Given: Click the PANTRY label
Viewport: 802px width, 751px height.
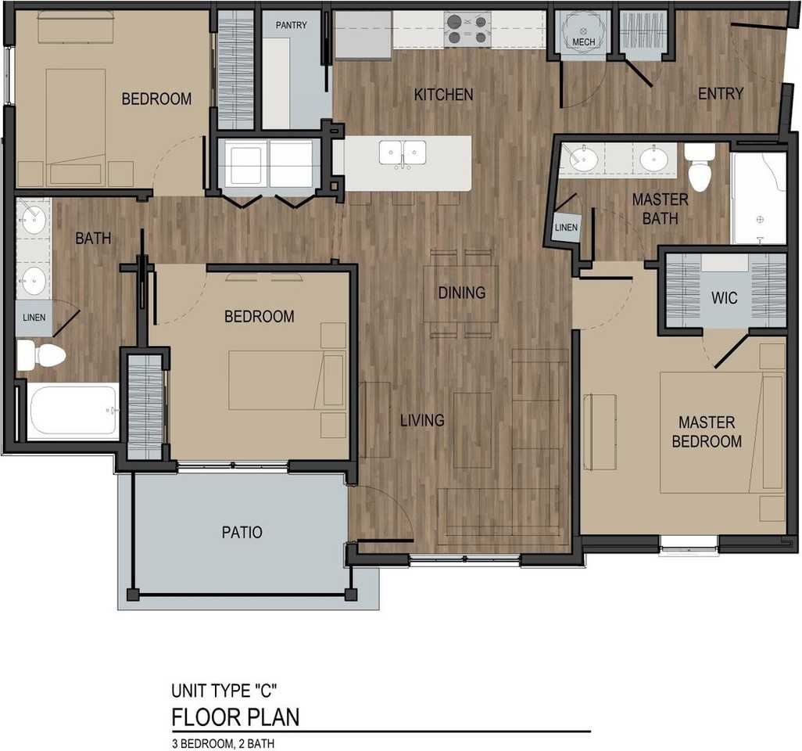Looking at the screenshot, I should (x=291, y=25).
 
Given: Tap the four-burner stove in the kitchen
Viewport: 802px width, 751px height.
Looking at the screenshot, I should (x=467, y=29).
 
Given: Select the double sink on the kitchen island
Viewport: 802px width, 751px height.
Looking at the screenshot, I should (x=403, y=153).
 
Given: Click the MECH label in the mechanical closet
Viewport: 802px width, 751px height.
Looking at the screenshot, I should (x=583, y=41).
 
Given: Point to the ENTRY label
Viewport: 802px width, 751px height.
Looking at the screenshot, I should (x=720, y=94).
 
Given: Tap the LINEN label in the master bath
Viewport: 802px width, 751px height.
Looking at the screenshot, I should (x=566, y=228).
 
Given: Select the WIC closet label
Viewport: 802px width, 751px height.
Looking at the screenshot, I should (x=724, y=299).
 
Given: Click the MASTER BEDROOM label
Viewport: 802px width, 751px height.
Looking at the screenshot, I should (x=707, y=432).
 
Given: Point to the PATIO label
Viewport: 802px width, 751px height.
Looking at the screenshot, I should (x=242, y=533).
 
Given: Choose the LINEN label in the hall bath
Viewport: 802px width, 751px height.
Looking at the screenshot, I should (x=34, y=318).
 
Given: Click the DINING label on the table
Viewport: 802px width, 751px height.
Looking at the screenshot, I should (x=461, y=293).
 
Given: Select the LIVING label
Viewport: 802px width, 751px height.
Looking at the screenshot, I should (x=422, y=421).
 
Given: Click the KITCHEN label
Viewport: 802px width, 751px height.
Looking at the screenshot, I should (x=443, y=95).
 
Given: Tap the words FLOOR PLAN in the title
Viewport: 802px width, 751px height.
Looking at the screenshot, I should (x=235, y=717).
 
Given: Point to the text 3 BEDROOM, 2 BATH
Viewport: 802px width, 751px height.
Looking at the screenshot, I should (x=223, y=743).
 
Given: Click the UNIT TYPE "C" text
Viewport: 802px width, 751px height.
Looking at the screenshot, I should (x=224, y=691).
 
